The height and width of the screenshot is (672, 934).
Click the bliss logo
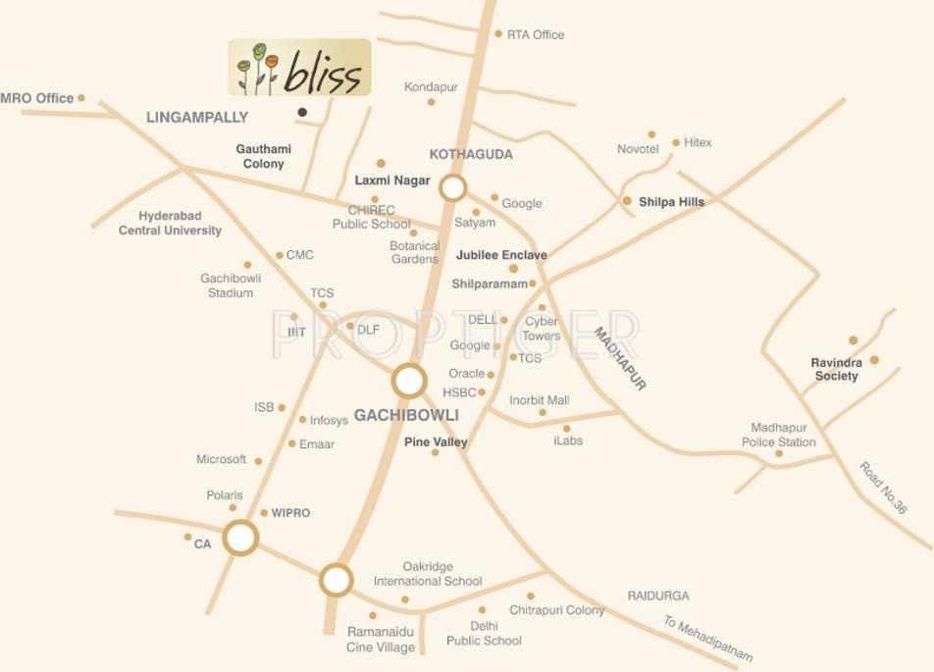[299, 68]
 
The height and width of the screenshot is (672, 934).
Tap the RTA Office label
[536, 34]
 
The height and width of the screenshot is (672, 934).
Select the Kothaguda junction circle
[452, 188]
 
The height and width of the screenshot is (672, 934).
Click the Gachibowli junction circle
[409, 381]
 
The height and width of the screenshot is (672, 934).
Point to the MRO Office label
[37, 98]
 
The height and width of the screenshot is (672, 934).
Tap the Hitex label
[698, 142]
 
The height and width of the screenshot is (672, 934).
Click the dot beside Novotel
[651, 134]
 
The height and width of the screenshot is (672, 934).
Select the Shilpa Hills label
[671, 202]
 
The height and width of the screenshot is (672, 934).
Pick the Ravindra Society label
[836, 369]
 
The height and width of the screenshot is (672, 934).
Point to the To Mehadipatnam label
[707, 639]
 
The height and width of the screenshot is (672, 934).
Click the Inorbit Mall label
[539, 400]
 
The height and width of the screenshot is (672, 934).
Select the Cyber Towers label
[542, 328]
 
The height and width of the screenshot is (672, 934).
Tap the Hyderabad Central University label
[170, 223]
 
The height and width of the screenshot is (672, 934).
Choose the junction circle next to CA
[240, 538]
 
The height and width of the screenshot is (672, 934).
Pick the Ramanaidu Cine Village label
[381, 640]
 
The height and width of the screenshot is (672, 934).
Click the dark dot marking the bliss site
[302, 112]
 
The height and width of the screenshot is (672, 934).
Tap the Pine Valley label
[436, 442]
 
